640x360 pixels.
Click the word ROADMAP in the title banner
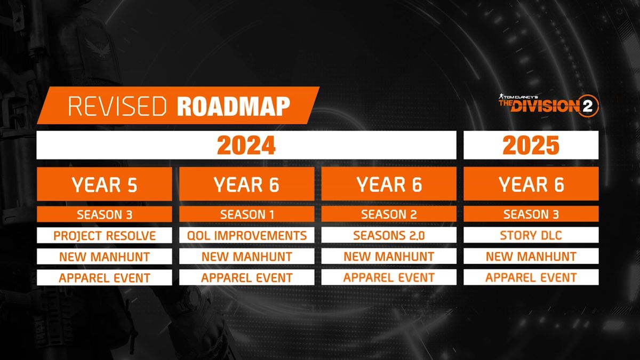coord(233,106)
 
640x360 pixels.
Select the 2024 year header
coord(246,145)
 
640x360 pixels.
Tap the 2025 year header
coord(531,145)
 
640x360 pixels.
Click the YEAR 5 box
coord(105,184)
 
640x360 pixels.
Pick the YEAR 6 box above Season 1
coord(246,184)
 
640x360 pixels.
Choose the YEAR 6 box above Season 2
coord(389,184)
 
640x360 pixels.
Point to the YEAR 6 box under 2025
coord(531,184)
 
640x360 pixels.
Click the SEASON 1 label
coord(246,214)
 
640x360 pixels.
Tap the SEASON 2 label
coord(389,214)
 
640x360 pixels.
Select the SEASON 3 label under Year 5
coord(105,214)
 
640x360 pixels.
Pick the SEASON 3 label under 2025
coord(531,214)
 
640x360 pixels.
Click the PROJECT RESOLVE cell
coord(105,235)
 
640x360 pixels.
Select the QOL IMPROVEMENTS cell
coord(246,235)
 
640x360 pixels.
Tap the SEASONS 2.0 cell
coord(389,235)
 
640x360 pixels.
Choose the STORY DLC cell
coord(531,235)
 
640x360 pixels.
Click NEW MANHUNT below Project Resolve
coord(105,257)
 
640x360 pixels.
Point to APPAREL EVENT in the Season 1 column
coord(246,277)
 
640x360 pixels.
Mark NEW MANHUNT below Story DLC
coord(531,257)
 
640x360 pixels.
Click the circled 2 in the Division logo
coord(590,106)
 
